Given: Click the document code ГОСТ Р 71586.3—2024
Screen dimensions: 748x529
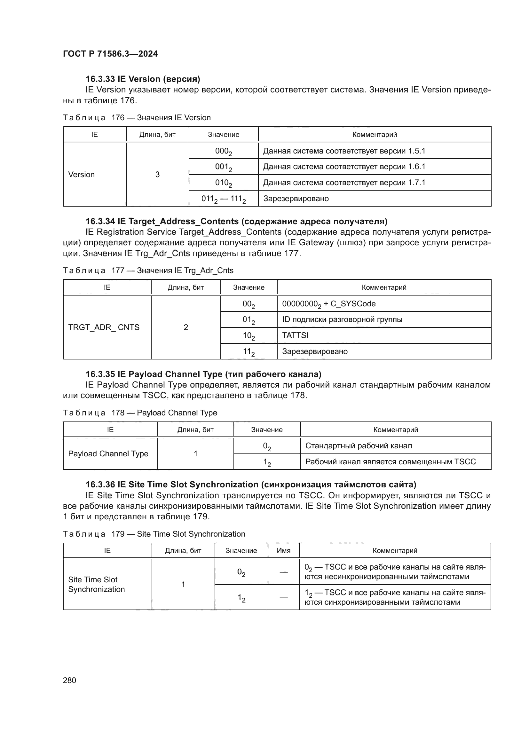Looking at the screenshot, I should coord(110,54).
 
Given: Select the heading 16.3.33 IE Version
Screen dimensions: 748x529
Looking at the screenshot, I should coord(143,79).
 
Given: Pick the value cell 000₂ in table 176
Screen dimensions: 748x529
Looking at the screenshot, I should coord(224,151).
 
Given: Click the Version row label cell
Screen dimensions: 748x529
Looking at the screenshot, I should coord(82,175).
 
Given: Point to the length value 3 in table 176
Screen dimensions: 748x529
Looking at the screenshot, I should coord(157,175).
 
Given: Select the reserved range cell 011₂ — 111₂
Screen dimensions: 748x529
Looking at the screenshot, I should coord(224,199).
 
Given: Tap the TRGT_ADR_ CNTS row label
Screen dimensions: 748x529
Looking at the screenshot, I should coord(104,327).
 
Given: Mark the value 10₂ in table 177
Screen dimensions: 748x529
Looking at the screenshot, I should coord(249,335).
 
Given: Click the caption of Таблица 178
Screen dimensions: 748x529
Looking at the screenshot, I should coord(140,413).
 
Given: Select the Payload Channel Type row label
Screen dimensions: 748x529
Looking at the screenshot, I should coord(108,454).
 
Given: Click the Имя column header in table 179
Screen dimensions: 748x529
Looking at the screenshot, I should coord(283,551).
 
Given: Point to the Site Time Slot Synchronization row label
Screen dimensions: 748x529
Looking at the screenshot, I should coord(96,585).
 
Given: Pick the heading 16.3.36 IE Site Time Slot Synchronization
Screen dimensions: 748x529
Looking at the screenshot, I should coord(251,485).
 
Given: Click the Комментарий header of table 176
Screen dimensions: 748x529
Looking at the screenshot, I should coord(375,135).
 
